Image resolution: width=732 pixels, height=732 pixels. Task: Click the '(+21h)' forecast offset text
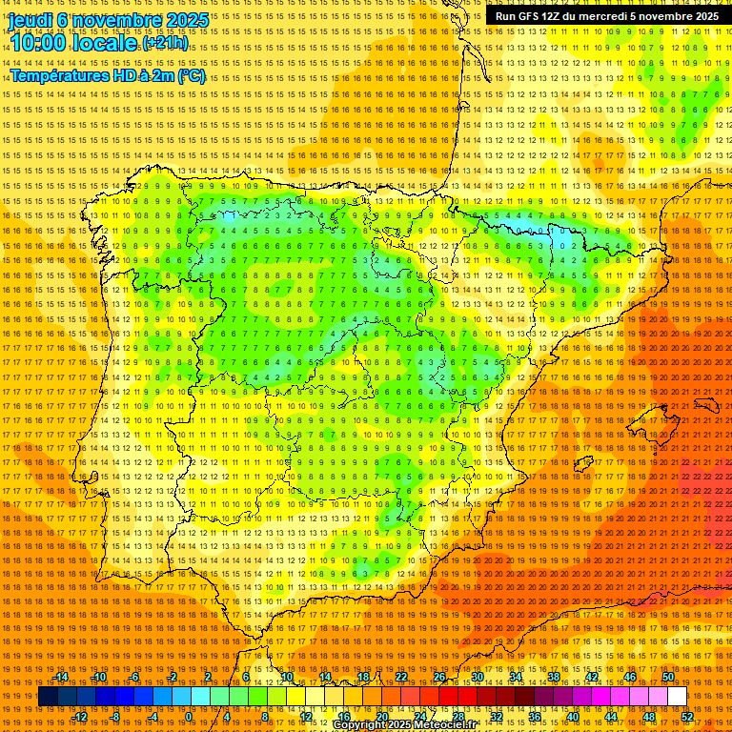(165, 44)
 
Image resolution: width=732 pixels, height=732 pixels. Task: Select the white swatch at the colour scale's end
(678, 697)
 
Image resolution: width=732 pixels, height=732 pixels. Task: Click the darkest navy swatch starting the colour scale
(48, 697)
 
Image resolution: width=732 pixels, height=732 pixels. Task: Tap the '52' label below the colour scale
(687, 716)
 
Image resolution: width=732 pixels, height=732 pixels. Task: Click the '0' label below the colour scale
(190, 716)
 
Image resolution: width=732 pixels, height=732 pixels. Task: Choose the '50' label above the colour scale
(668, 678)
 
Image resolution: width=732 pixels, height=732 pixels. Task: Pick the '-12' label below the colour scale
(80, 716)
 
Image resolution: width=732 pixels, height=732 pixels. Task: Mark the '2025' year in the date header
(178, 20)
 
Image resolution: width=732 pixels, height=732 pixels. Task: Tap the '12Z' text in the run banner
(553, 16)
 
